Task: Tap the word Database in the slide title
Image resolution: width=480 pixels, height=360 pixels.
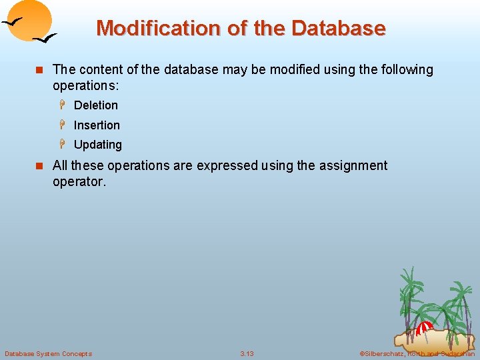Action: [x=338, y=29]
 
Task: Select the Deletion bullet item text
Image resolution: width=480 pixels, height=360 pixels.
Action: [x=95, y=105]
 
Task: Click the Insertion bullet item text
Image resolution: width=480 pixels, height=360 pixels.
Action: [x=97, y=125]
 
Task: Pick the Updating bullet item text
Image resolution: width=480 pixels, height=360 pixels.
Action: [x=97, y=145]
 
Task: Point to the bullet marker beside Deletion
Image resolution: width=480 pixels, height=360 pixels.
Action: [x=65, y=105]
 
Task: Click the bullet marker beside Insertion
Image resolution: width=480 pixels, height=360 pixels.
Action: [x=65, y=125]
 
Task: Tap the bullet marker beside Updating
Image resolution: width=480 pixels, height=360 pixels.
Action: [x=65, y=144]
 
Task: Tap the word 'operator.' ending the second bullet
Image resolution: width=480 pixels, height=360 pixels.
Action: [x=79, y=181]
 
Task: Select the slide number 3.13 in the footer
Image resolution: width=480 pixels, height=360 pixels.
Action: [x=247, y=353]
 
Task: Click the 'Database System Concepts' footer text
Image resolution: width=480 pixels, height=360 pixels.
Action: [x=48, y=353]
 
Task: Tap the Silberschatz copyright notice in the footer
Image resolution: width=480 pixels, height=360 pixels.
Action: [x=417, y=353]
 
